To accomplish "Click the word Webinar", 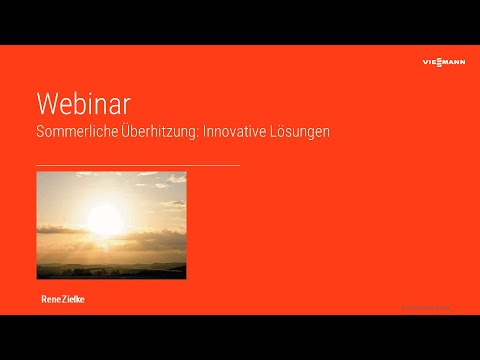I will pos(83,104).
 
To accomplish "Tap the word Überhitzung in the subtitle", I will pos(160,131).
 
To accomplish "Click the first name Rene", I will pos(50,298).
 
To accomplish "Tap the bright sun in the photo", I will pos(104,219).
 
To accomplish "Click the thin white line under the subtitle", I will pos(137,164).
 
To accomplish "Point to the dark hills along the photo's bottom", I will pos(110,271).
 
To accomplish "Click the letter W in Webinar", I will pos(47,104).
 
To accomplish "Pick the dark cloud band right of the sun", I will pos(155,229).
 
